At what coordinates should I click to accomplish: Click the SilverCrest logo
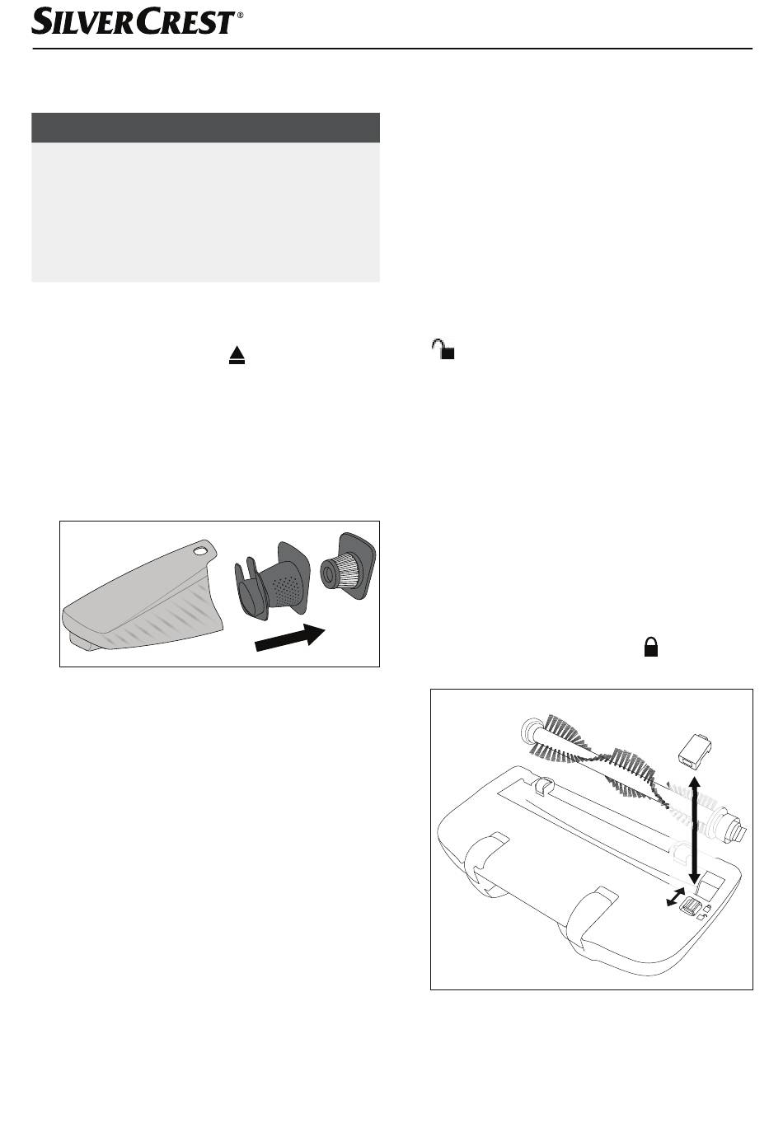click(134, 21)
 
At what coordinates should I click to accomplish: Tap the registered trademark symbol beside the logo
click(240, 16)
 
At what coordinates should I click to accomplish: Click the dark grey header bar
click(205, 128)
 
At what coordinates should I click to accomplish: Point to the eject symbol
click(237, 355)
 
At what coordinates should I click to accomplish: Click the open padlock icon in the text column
click(443, 348)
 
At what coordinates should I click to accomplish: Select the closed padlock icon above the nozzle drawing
click(650, 647)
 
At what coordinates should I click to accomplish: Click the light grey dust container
click(142, 596)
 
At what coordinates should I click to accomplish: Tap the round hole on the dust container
click(200, 551)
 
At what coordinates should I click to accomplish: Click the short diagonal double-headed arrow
click(675, 896)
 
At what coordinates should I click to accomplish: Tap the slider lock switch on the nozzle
click(688, 906)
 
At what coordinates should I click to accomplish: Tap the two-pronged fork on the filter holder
click(246, 576)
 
